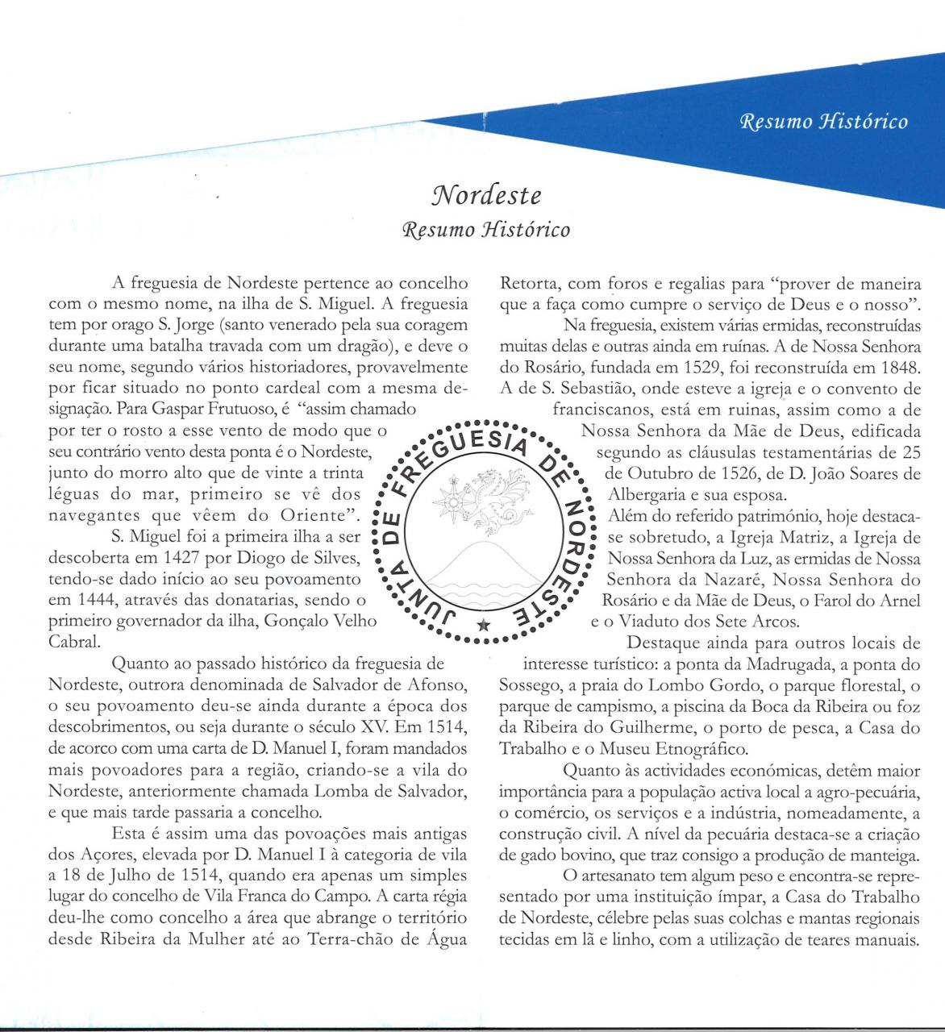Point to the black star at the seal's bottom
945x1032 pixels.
(x=482, y=625)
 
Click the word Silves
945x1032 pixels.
(x=346, y=558)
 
